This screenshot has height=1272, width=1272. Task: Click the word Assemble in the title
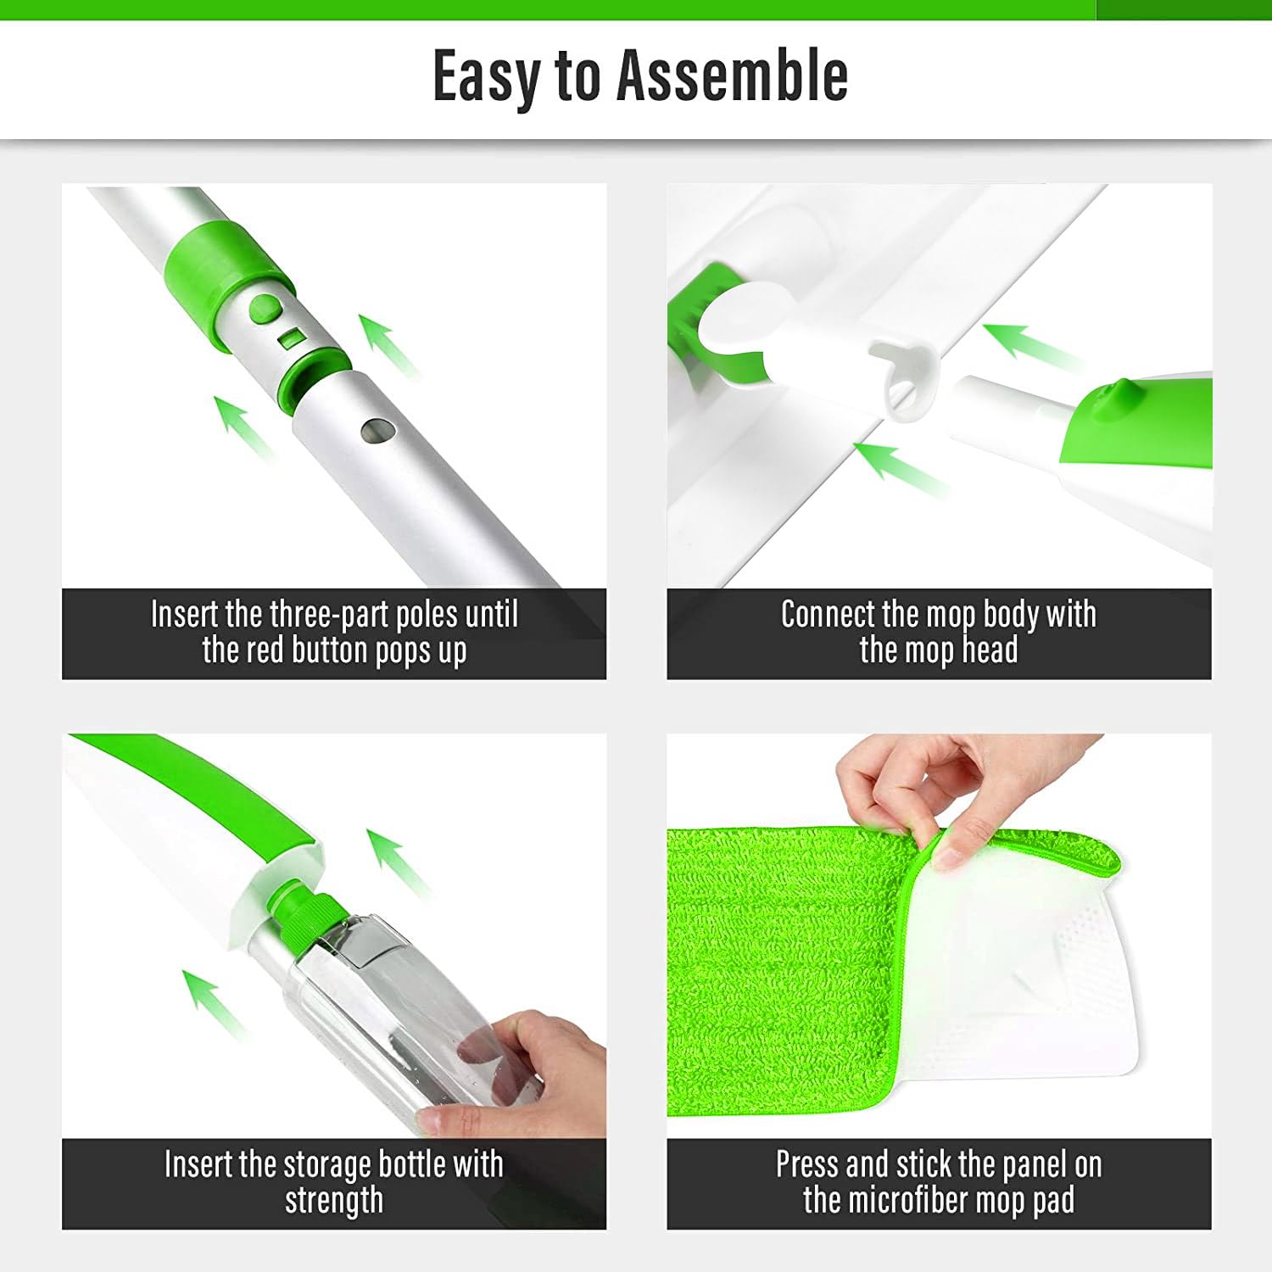732,76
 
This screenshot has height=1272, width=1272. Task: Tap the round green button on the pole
265,307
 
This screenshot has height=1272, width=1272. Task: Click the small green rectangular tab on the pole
291,338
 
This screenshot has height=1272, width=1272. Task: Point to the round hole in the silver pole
374,432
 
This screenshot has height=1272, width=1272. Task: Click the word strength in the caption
334,1201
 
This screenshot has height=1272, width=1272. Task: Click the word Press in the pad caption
806,1164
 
